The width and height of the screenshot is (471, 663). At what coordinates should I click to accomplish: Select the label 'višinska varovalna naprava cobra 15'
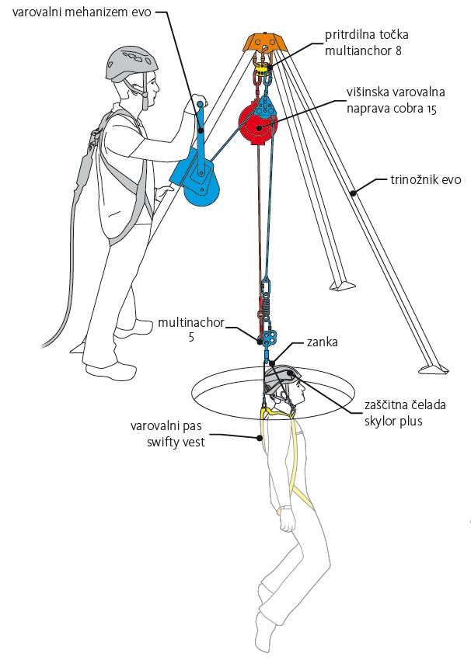pyautogui.click(x=392, y=100)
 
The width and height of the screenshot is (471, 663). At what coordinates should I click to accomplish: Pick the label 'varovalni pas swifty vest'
pyautogui.click(x=170, y=434)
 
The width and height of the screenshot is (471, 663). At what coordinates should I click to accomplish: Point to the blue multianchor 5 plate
pyautogui.click(x=269, y=338)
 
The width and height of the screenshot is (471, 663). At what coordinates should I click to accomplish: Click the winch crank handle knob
pyautogui.click(x=199, y=104)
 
